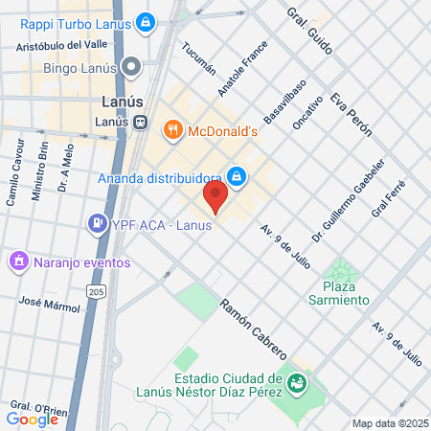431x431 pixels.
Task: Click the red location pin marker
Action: click(x=215, y=198)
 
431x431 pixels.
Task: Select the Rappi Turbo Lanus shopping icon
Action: click(x=145, y=21)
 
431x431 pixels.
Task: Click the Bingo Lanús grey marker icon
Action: click(x=132, y=68)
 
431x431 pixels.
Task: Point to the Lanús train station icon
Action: click(x=141, y=122)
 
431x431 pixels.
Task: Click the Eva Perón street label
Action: click(x=350, y=116)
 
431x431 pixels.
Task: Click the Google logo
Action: click(x=32, y=419)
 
